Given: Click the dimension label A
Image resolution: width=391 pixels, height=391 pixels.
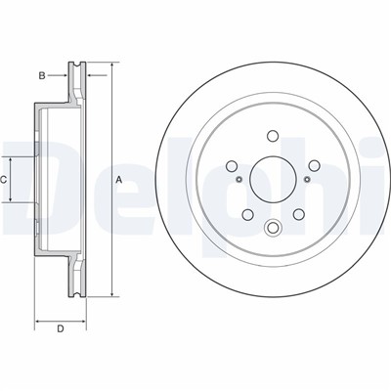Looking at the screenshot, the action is coord(119,180).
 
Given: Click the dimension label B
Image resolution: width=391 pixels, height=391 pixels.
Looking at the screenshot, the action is coord(42,76).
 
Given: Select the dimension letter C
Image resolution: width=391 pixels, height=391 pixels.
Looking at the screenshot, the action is coord(4,180).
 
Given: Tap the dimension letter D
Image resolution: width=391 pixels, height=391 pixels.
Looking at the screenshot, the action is coord(61,329).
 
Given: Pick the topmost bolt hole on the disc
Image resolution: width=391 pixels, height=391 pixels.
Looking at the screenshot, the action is coord(273,136).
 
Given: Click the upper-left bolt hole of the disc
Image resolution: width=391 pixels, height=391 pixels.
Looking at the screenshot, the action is coord(232,166).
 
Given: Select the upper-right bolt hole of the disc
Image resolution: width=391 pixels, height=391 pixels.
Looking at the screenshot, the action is coord(314,166).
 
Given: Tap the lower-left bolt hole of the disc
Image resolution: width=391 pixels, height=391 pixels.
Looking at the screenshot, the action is coord(247,214).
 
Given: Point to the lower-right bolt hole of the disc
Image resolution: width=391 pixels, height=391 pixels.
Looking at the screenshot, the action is coord(298,214).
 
